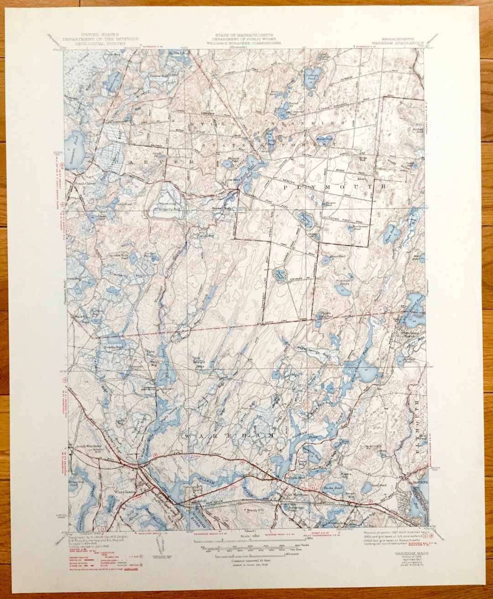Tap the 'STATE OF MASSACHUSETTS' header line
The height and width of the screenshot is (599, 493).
point(245,35)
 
